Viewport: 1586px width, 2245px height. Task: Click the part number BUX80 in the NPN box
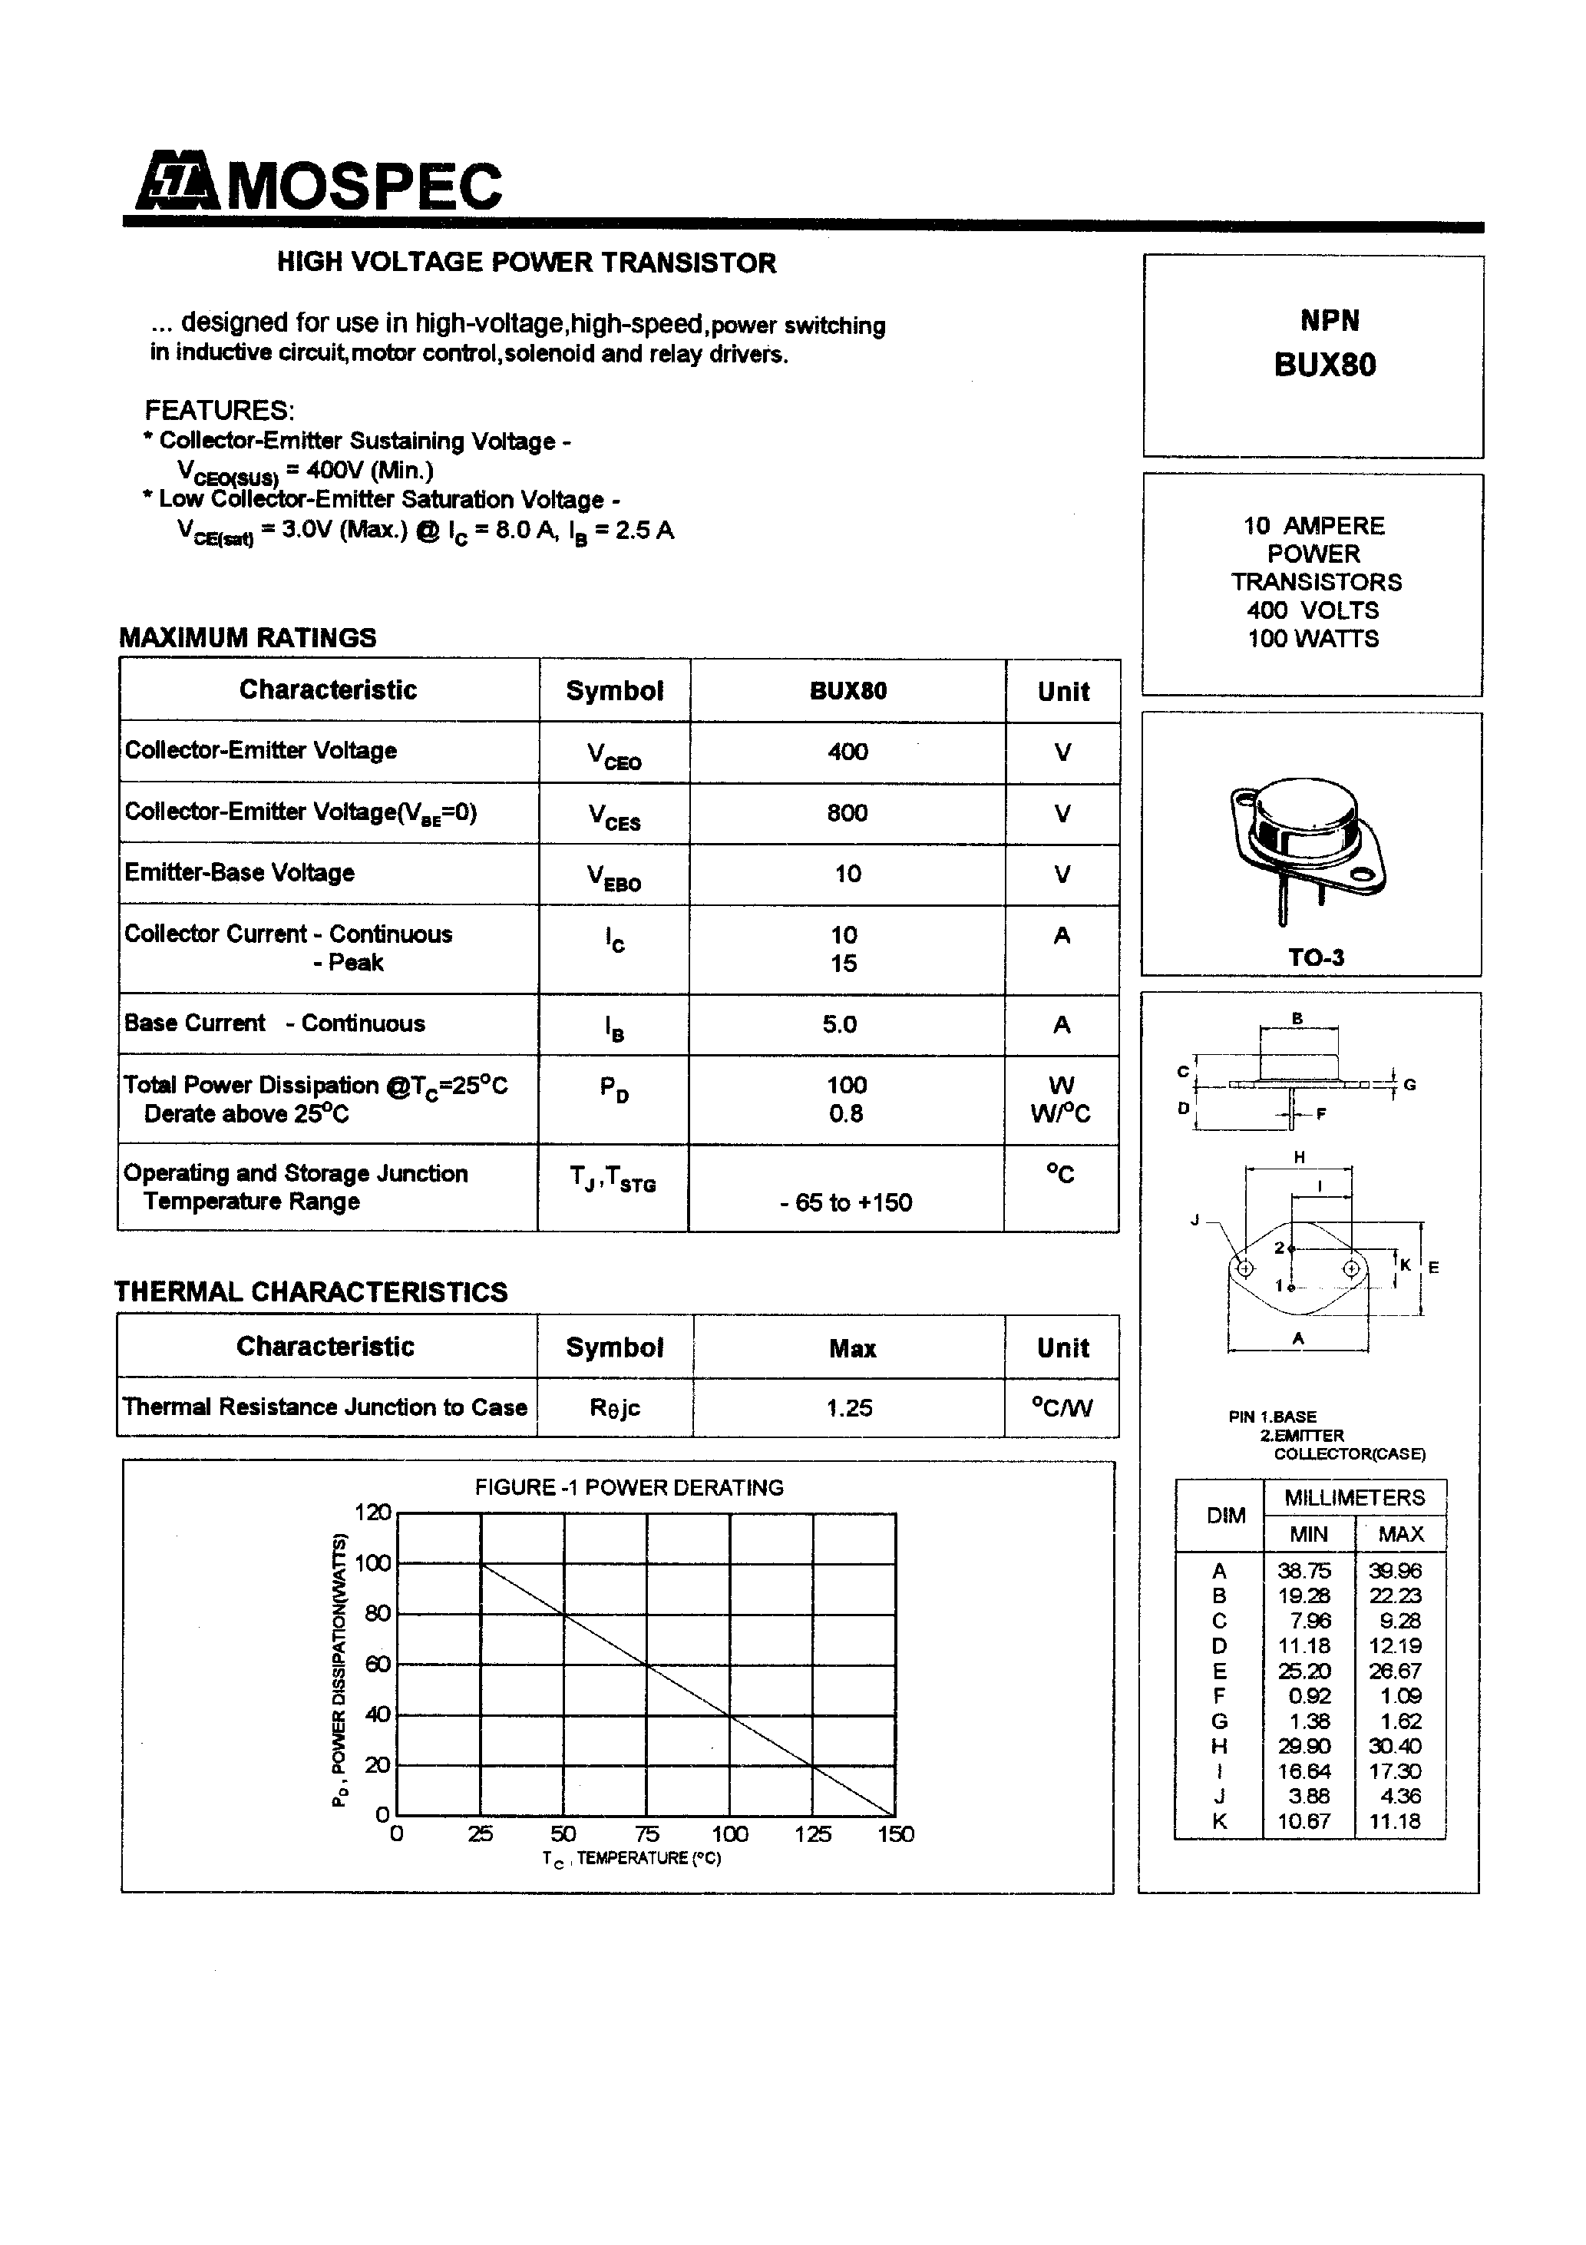[1325, 365]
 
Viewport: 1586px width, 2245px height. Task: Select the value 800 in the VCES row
[847, 812]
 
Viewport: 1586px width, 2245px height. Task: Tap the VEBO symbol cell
[614, 876]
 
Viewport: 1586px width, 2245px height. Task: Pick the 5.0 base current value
[839, 1023]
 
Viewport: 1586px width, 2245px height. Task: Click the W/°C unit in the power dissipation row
[1060, 1114]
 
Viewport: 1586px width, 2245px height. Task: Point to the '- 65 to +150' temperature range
[846, 1202]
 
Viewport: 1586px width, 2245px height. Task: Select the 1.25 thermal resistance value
[849, 1408]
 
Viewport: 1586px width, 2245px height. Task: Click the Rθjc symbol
[614, 1408]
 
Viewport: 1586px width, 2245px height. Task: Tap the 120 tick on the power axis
[372, 1513]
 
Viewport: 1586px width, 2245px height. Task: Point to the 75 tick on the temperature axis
[646, 1833]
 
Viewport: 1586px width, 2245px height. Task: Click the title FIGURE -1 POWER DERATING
[629, 1487]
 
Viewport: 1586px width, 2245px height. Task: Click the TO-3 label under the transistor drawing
[1315, 957]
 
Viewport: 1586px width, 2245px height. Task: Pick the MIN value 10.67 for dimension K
[1304, 1820]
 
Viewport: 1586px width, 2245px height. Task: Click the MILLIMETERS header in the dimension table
[1354, 1497]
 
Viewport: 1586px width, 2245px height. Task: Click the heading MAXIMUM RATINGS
[247, 637]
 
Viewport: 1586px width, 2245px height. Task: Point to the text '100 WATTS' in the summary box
[1313, 639]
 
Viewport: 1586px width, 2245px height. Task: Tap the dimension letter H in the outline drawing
[1300, 1158]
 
